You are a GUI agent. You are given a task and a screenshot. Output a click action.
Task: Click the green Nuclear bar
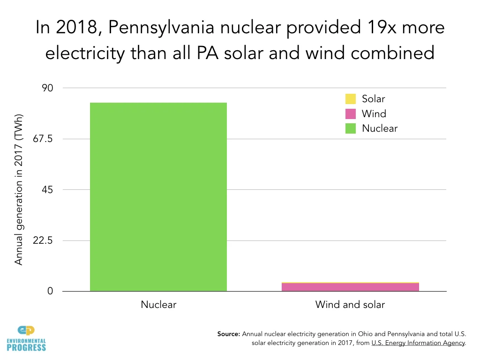tap(158, 197)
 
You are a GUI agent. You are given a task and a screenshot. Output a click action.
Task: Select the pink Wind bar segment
tap(350, 287)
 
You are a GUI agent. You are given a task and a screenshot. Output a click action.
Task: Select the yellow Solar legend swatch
tap(351, 99)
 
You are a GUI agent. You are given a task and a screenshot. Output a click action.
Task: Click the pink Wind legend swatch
tap(351, 114)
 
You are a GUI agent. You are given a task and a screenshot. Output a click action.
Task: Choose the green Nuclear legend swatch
tap(351, 128)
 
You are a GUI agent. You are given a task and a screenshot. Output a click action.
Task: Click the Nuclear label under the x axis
tap(158, 305)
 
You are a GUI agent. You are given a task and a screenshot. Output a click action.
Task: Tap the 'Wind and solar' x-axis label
tap(350, 305)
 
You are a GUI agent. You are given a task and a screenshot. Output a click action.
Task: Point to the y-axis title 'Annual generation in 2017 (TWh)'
tap(19, 189)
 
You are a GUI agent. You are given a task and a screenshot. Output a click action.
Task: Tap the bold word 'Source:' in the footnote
tap(228, 334)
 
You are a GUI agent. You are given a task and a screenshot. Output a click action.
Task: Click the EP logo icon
tap(26, 331)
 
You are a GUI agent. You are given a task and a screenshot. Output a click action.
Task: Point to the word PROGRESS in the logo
tap(27, 347)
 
